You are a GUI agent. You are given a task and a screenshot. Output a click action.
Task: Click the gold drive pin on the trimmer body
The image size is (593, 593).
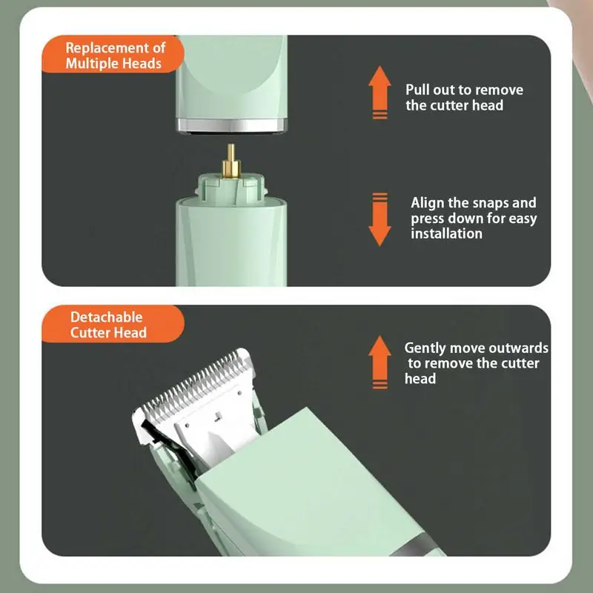point(231,161)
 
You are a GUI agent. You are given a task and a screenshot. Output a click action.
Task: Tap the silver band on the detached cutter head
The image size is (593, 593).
point(232,125)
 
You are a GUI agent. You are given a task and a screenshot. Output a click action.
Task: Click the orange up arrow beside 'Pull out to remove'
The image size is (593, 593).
point(380,92)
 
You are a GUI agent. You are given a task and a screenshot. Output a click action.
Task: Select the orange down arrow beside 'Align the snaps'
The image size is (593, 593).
point(380,219)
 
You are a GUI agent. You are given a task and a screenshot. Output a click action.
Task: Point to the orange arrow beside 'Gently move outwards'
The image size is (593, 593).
point(380,362)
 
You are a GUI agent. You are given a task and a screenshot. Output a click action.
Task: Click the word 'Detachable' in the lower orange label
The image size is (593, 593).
point(106,317)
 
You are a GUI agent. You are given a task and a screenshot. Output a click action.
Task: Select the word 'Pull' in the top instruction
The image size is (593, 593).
point(417,90)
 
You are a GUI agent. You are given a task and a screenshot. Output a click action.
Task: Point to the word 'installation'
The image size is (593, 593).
point(446,233)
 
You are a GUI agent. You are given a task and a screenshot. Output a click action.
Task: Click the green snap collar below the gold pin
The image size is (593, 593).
point(231,189)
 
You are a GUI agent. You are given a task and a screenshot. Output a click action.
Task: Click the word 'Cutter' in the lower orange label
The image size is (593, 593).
point(90,332)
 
